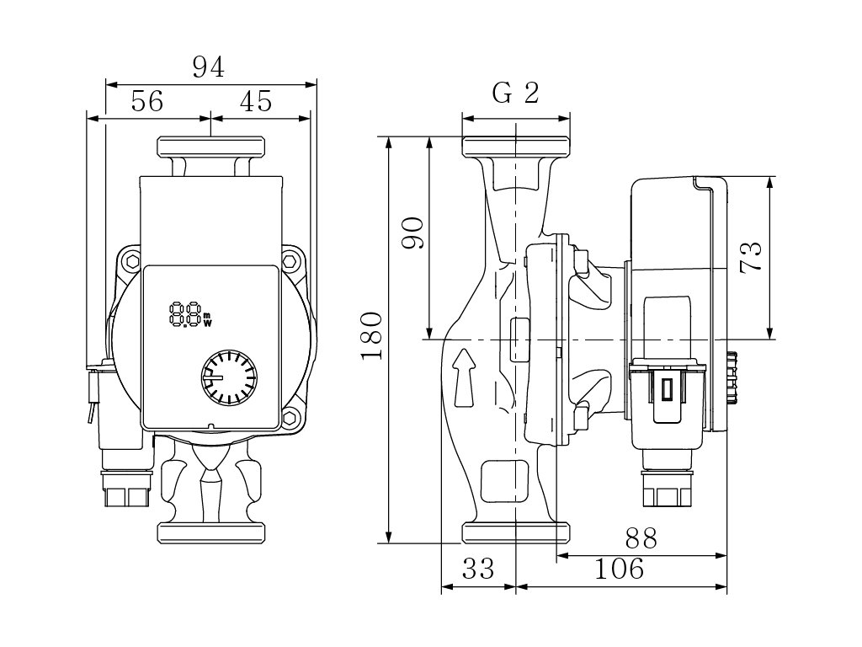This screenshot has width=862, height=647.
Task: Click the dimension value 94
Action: (208, 67)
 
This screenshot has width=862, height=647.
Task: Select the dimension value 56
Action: (147, 102)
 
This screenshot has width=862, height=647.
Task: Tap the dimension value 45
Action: (256, 102)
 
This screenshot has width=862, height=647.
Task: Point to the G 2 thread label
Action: (515, 94)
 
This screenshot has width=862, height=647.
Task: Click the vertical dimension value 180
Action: (372, 335)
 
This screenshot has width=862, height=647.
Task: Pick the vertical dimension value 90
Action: (412, 233)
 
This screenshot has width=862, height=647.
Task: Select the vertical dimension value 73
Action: (752, 255)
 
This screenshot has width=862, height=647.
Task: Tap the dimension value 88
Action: (641, 538)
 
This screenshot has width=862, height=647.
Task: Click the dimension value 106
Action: (620, 569)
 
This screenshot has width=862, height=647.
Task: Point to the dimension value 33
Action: (478, 569)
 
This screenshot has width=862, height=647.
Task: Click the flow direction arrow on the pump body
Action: (463, 377)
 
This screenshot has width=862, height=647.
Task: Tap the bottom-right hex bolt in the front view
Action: (291, 418)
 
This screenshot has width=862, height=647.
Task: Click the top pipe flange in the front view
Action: (211, 147)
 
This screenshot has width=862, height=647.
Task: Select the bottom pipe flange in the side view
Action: (516, 532)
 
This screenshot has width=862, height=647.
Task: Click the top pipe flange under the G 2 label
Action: (516, 147)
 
